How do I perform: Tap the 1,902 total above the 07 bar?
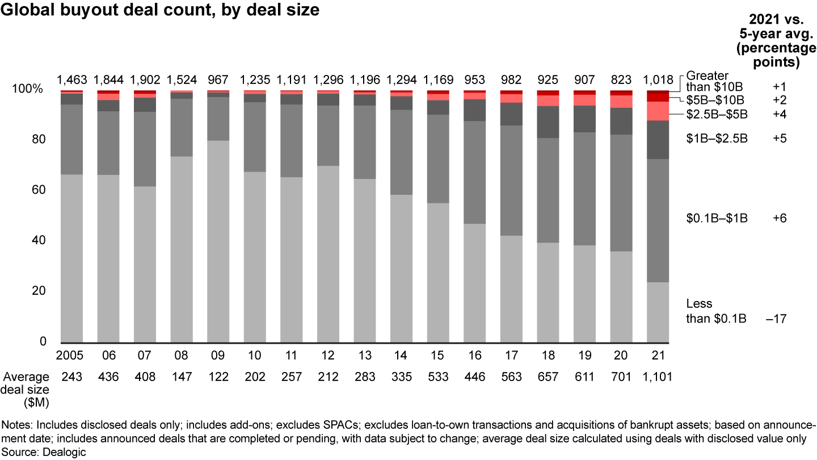point(145,79)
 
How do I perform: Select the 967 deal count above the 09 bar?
point(218,79)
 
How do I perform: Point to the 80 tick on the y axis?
point(36,140)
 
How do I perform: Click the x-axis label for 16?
point(475,356)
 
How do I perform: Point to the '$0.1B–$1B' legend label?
point(717,218)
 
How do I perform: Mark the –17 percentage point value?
point(776,319)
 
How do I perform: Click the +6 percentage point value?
point(781,218)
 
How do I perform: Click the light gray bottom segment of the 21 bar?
point(658,312)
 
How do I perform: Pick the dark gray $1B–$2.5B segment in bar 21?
point(658,140)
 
